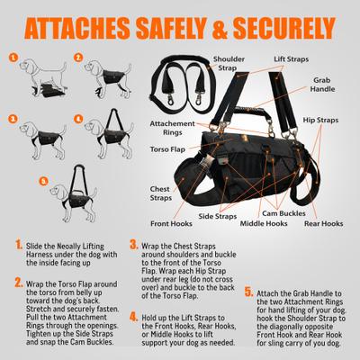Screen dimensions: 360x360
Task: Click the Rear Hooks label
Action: point(323,222)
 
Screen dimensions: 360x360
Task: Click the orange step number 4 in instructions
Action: point(133,317)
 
